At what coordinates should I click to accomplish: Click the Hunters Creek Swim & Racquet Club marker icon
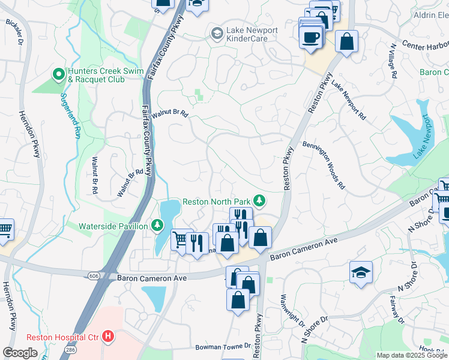tap(59, 74)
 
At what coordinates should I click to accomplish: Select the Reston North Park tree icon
tap(259, 200)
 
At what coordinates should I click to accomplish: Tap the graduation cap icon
tap(361, 272)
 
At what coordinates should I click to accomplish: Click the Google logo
tap(20, 352)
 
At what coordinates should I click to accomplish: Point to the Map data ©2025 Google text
tap(412, 355)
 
